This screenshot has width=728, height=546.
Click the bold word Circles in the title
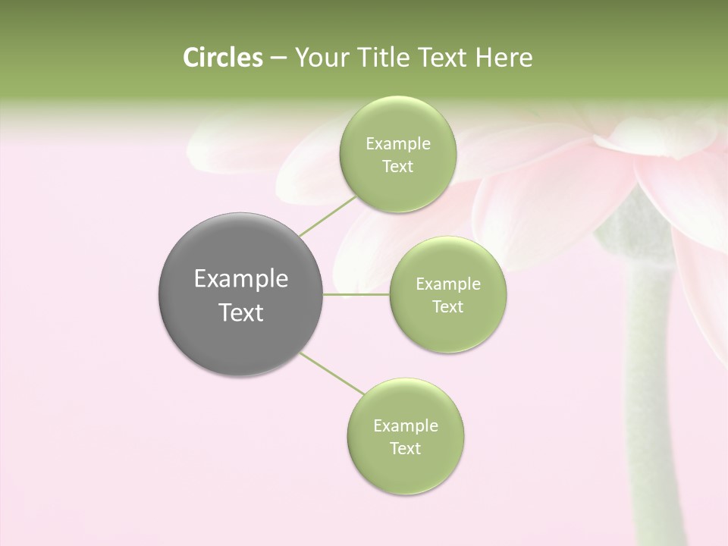[222, 58]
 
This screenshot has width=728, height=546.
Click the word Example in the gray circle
[241, 279]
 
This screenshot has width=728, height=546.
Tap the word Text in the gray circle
[241, 312]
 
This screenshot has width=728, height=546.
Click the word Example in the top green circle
[397, 144]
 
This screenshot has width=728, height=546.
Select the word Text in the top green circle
[397, 167]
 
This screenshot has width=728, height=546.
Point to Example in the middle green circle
[447, 284]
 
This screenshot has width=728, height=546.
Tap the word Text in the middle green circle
[447, 307]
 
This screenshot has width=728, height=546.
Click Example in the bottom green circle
[405, 426]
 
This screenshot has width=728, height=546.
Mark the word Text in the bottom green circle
[405, 449]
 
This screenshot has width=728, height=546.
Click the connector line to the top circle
[328, 215]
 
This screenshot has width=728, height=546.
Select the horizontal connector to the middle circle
[356, 294]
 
